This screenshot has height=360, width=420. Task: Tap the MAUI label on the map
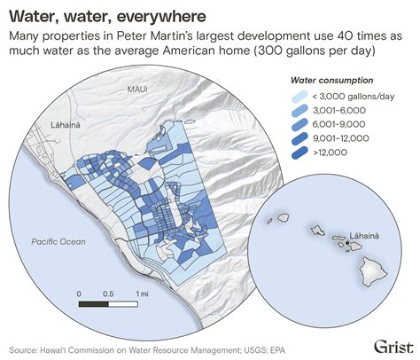(x=137, y=90)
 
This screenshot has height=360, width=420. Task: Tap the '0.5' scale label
(x=108, y=293)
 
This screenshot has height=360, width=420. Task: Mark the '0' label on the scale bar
(x=79, y=293)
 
